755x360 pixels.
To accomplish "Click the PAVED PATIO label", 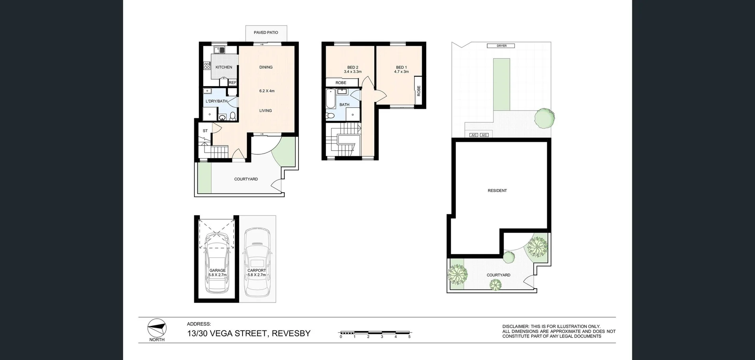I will (x=266, y=33).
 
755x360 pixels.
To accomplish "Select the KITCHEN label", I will (x=224, y=67).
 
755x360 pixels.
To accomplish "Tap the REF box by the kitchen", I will (x=232, y=83).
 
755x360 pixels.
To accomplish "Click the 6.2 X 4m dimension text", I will (x=267, y=91).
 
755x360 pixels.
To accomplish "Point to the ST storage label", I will (x=205, y=131).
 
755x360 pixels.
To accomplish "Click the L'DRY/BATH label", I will (x=216, y=101).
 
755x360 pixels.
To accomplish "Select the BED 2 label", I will (x=352, y=67).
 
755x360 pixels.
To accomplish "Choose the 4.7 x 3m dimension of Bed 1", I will (x=401, y=72).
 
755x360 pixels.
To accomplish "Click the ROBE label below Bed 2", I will (x=341, y=83).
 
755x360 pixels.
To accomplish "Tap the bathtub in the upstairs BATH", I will (x=330, y=98).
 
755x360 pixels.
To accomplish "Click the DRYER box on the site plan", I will (x=501, y=46).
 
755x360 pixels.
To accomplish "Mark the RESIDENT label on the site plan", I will (x=497, y=190).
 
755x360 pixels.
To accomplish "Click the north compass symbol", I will (x=157, y=327).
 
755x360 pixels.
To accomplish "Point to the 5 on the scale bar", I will (x=409, y=337).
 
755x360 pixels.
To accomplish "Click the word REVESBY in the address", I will (x=291, y=334).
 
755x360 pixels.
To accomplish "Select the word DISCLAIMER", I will (x=515, y=327).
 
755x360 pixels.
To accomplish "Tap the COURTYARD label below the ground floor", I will (x=246, y=179).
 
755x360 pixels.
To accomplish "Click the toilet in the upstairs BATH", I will (x=330, y=116).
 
